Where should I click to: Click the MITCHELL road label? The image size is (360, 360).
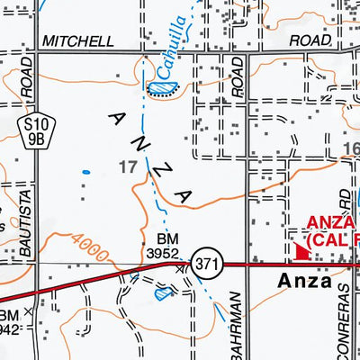coord(77,41)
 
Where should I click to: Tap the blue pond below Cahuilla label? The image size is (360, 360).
coord(161,87)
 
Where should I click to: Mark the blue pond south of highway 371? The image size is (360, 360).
coord(162,292)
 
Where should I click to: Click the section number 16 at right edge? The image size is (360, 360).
coord(351,148)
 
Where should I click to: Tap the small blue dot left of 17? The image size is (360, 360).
coord(86,171)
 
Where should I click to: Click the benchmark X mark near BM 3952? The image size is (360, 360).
coord(180,267)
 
